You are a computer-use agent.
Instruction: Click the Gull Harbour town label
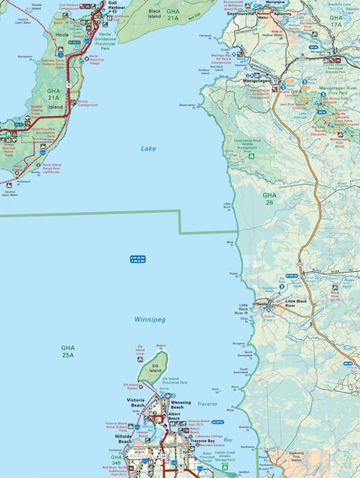(x=117, y=5)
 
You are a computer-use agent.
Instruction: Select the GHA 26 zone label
(x=269, y=199)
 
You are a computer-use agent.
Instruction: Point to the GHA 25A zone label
(x=68, y=351)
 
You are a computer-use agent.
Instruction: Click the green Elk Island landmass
(x=148, y=370)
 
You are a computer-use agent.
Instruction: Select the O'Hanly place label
(x=259, y=303)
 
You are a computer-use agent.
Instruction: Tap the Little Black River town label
(x=296, y=304)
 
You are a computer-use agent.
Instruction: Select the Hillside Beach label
(x=124, y=438)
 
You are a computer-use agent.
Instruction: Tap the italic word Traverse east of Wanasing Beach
(x=206, y=404)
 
